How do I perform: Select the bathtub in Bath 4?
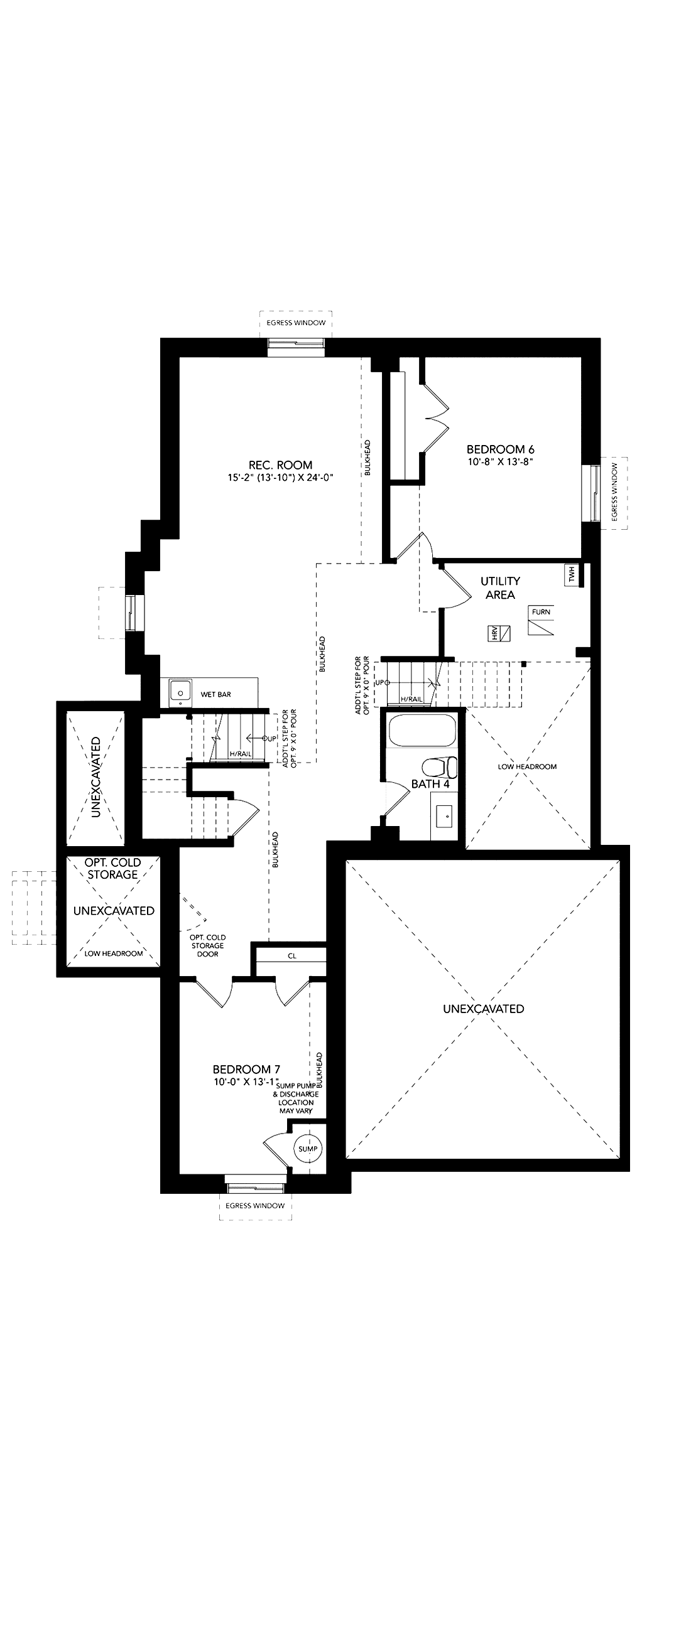(x=422, y=731)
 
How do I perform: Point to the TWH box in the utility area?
(x=572, y=575)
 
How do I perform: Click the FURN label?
(x=541, y=611)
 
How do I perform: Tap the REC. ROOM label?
(x=280, y=464)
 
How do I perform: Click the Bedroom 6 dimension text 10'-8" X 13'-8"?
(x=500, y=462)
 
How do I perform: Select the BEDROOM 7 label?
(x=246, y=1070)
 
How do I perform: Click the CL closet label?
(x=291, y=956)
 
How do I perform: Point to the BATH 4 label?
(x=430, y=785)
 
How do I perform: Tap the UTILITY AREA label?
(x=500, y=588)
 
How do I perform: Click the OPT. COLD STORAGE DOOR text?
(x=207, y=945)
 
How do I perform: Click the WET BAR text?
(x=215, y=694)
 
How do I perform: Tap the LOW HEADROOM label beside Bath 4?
(x=528, y=766)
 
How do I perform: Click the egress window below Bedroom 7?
(x=255, y=1179)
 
